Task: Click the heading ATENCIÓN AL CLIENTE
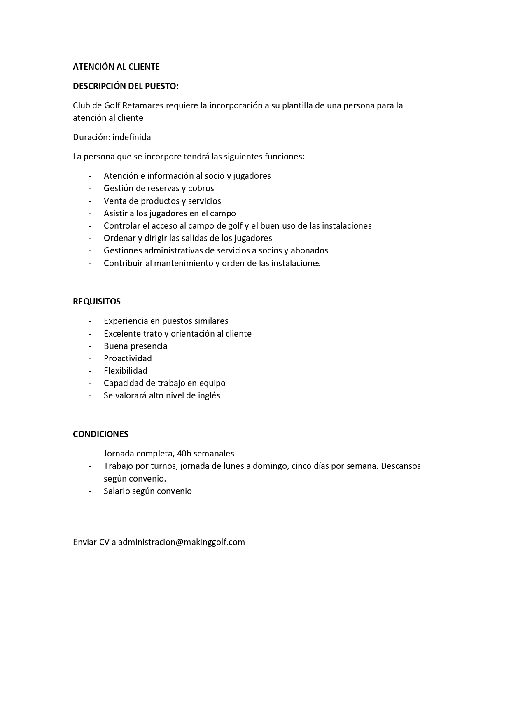(x=116, y=67)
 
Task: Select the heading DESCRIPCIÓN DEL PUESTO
(x=126, y=86)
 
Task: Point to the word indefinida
(x=131, y=137)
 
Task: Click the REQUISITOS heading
(x=97, y=302)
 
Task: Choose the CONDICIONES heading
(x=100, y=434)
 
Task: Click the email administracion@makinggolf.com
(x=181, y=542)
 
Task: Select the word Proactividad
(x=128, y=358)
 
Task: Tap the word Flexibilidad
(x=125, y=371)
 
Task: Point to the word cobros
(x=201, y=188)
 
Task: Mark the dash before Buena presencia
(x=90, y=346)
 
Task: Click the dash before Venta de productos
(x=90, y=201)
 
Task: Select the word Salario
(x=117, y=491)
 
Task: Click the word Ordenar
(x=119, y=238)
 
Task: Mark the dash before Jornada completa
(x=90, y=454)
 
